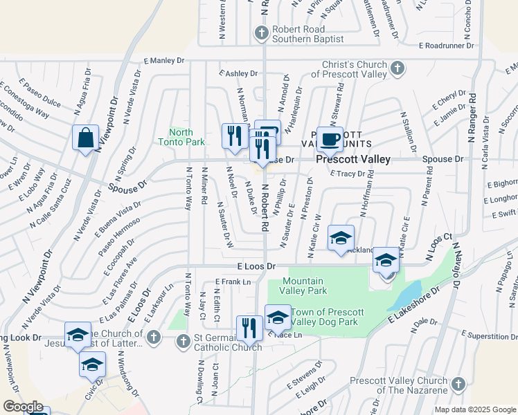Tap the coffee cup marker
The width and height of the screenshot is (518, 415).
click(x=330, y=139)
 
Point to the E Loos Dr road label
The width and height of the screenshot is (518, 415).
click(x=256, y=266)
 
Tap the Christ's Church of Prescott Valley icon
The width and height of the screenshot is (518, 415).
click(x=397, y=68)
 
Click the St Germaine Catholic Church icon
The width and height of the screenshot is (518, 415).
click(x=184, y=340)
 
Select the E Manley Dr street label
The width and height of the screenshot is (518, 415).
click(x=164, y=61)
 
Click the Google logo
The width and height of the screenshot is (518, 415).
click(x=23, y=407)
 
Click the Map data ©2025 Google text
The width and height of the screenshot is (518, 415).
click(x=474, y=409)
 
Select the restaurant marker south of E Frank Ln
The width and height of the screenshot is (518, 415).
click(x=249, y=328)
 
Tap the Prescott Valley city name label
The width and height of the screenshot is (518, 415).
click(x=353, y=159)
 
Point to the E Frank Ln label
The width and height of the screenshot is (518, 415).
click(x=232, y=282)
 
